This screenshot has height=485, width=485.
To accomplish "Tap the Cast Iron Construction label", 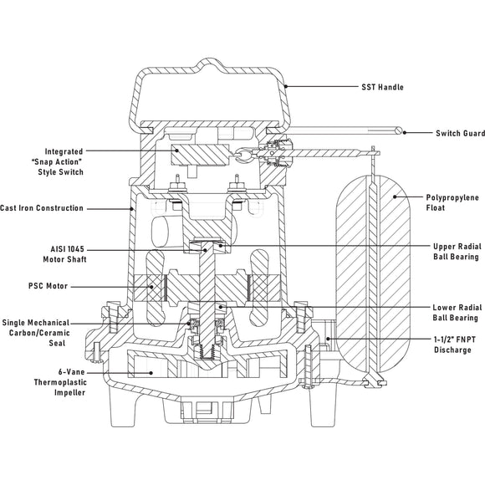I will pos(42,208).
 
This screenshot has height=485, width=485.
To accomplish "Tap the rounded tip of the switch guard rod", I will pos(406,131).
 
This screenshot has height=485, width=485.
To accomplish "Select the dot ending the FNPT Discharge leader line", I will pos(329,339).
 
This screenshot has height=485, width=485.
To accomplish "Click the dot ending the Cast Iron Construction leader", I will pos(134,208).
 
